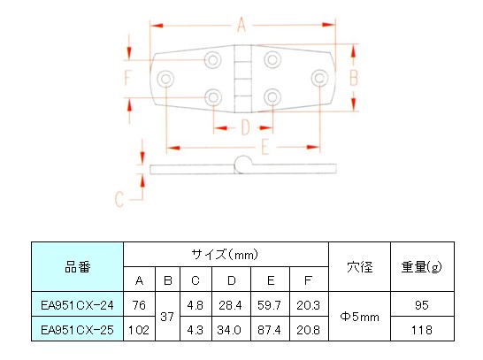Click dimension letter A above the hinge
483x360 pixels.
click(241, 25)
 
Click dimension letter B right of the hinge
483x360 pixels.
click(354, 78)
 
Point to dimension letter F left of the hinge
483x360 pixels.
click(128, 78)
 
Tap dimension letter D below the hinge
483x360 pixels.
click(245, 127)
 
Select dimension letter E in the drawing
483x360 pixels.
click(265, 147)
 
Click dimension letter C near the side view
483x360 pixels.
click(119, 199)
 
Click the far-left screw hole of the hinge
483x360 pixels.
click(165, 79)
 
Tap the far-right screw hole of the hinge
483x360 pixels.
click(319, 78)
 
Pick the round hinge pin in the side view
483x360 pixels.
click(243, 165)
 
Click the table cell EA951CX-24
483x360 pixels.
click(77, 304)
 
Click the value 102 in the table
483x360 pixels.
click(138, 330)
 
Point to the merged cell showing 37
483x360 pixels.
click(167, 317)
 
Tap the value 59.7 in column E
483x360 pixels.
click(269, 305)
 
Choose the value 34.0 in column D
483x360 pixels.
click(229, 330)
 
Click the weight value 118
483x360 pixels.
click(422, 330)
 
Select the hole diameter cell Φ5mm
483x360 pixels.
click(359, 317)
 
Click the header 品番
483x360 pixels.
click(77, 267)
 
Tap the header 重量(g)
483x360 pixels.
click(422, 267)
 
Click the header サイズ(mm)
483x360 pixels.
click(225, 255)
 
